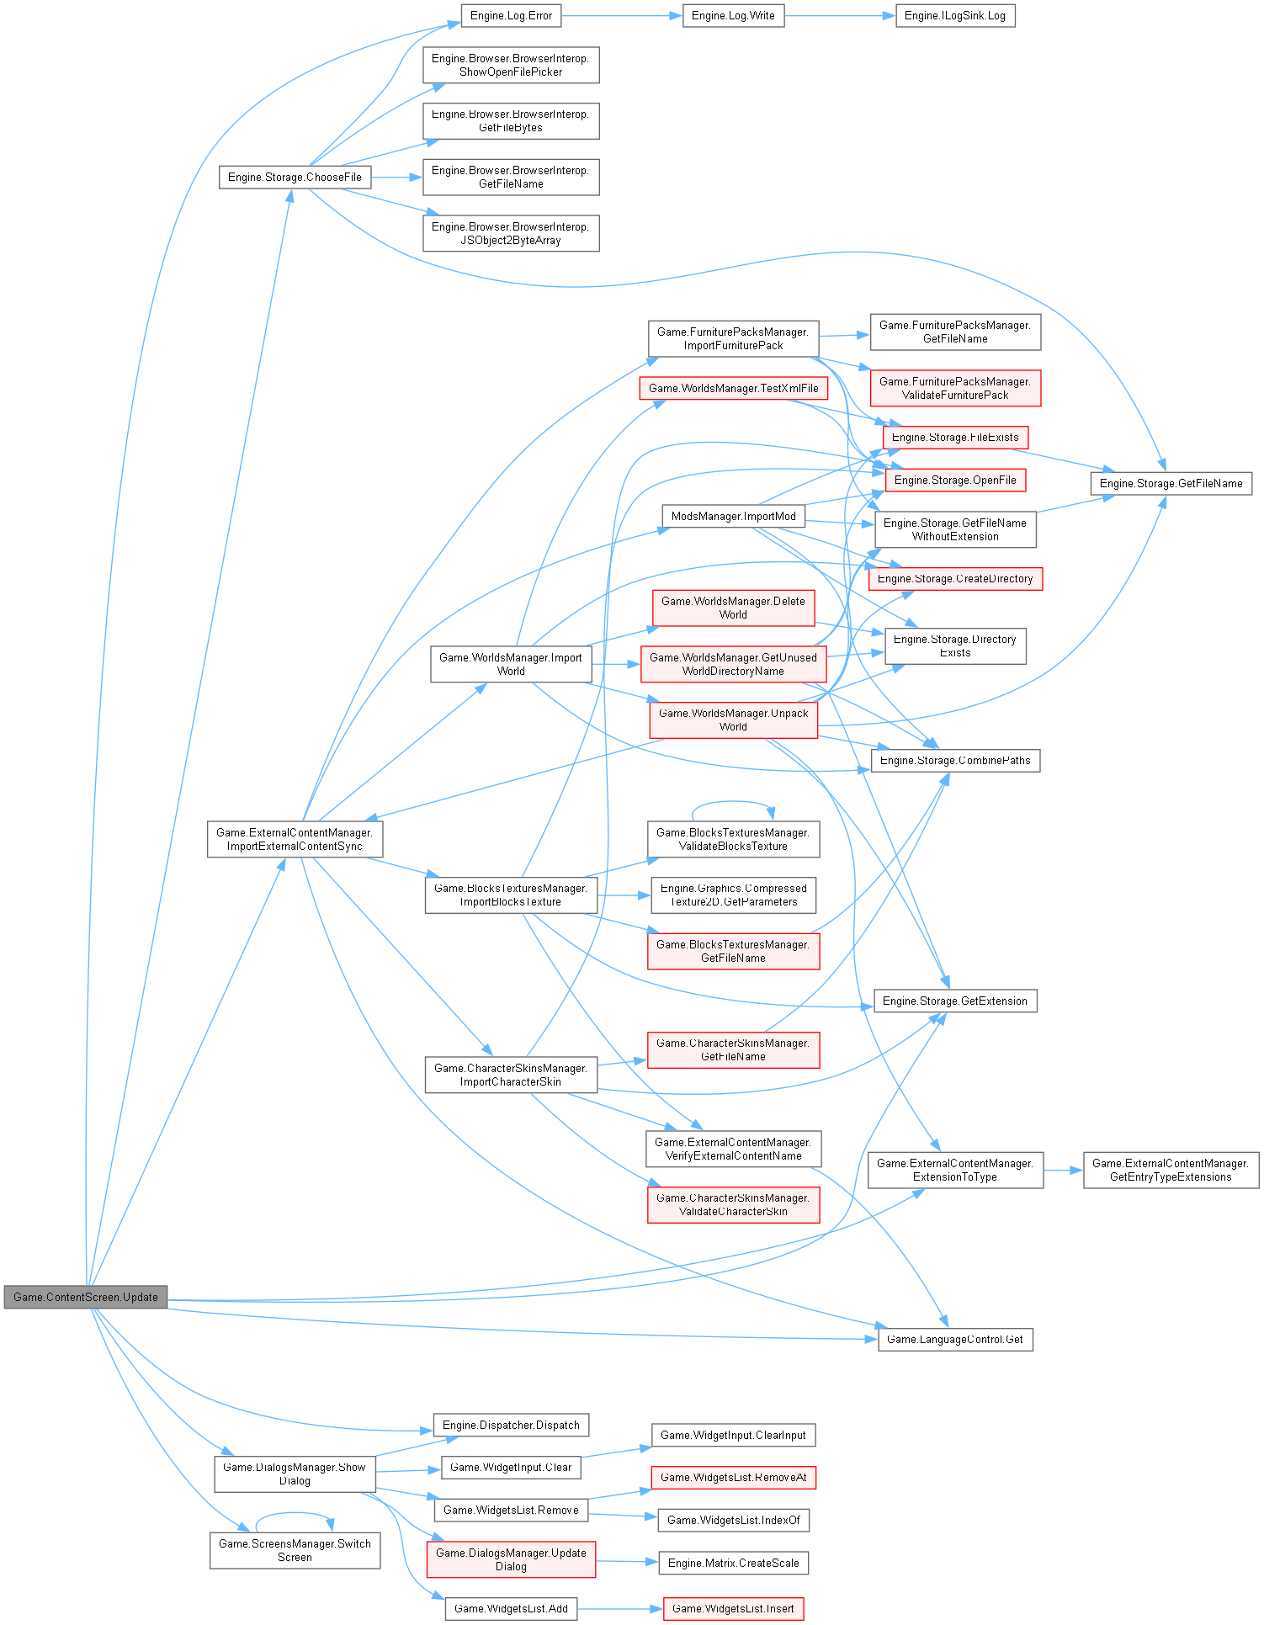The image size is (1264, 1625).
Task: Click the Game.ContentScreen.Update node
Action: (x=86, y=1297)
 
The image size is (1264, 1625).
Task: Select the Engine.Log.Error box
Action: (x=511, y=16)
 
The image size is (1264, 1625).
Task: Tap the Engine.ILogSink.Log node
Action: (x=955, y=16)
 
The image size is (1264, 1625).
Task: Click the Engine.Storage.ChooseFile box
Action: (x=295, y=178)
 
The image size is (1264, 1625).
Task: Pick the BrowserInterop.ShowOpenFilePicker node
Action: (x=511, y=66)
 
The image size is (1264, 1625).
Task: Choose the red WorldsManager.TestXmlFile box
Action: (x=733, y=389)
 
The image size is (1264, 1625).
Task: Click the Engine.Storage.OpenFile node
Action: (x=955, y=481)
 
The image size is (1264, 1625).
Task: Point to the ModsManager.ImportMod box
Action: (x=733, y=517)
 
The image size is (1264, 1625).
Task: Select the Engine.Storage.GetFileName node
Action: (x=1171, y=484)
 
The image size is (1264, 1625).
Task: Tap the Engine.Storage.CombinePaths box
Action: (x=955, y=761)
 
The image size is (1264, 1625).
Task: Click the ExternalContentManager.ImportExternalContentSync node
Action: (x=295, y=840)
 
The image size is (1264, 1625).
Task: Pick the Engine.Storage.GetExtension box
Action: (x=955, y=1001)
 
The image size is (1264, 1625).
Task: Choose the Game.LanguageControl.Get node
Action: (x=955, y=1340)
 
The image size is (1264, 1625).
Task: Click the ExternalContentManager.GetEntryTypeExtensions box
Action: (x=1171, y=1171)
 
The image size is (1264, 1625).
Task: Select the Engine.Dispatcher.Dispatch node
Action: (x=511, y=1426)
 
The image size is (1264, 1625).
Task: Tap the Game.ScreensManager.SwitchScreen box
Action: (x=295, y=1551)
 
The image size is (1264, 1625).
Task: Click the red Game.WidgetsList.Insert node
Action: (x=733, y=1609)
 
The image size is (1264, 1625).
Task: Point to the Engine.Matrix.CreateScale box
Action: (x=733, y=1564)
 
